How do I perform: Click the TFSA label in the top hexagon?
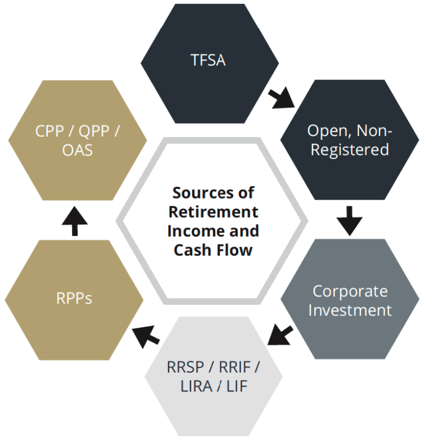tap(208, 60)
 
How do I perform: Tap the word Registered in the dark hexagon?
tap(349, 149)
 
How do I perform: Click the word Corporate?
tap(349, 291)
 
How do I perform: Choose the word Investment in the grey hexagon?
tap(349, 310)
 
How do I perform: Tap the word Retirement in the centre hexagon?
tap(213, 212)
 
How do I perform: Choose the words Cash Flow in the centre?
tap(213, 249)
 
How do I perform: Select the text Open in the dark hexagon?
tap(325, 131)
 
